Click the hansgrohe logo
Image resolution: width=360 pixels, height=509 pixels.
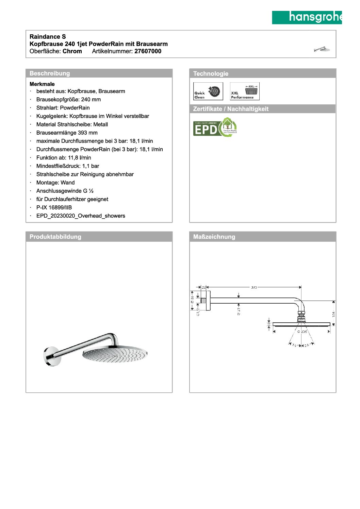307,17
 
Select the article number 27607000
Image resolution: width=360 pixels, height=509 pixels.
148,51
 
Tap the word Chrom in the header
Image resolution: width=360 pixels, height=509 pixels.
72,51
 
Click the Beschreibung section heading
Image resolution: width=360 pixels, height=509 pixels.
50,73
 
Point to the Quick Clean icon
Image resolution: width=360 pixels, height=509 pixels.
208,91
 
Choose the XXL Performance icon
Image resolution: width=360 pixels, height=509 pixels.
245,91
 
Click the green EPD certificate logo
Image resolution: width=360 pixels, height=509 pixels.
215,128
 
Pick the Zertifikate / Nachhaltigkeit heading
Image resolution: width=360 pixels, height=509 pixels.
231,109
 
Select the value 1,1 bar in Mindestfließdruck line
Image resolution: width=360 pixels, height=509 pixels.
91,166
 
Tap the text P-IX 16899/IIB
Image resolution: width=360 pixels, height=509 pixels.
54,207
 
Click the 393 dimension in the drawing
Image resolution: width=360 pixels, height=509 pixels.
254,288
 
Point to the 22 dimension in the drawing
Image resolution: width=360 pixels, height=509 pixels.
204,288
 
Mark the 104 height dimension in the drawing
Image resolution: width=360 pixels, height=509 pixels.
333,314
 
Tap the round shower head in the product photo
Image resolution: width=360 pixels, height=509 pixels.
115,355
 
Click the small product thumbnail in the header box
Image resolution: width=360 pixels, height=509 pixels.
322,50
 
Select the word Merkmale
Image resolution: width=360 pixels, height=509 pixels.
42,84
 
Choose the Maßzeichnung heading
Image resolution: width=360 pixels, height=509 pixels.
214,237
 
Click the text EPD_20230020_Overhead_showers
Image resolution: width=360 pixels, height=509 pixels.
81,216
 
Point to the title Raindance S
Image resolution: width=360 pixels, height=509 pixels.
48,37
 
